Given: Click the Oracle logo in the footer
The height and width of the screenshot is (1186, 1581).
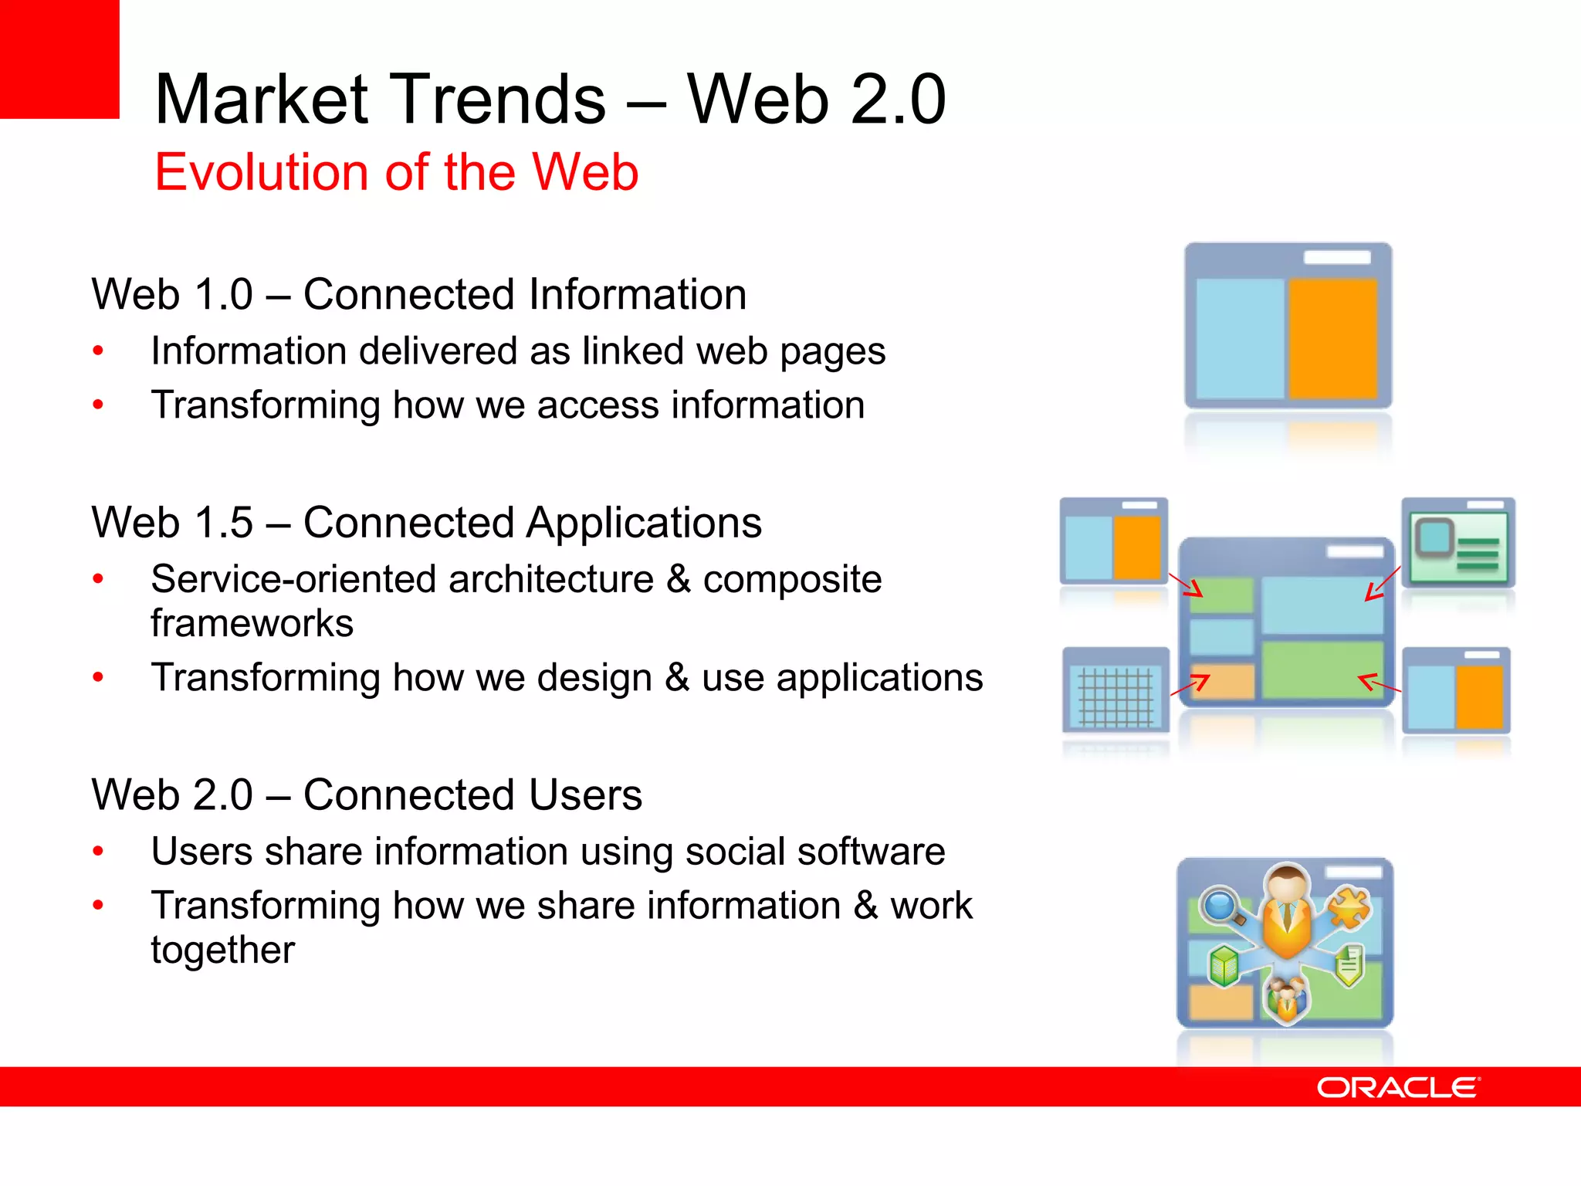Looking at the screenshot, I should coord(1398,1088).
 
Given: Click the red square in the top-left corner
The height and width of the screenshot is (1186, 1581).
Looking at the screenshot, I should coord(59,59).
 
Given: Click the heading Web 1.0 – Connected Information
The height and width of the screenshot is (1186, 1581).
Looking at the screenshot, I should coord(419,294).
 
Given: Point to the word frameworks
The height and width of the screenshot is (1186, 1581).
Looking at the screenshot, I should coord(252,623).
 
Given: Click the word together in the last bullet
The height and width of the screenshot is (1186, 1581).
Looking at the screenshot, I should coord(222,950).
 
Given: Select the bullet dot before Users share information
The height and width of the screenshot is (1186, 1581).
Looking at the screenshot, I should coord(98,852).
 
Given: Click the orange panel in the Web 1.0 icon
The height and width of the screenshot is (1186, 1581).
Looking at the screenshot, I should coord(1333,338).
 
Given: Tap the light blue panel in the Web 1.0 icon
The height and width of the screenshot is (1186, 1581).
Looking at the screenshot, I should coord(1240,338).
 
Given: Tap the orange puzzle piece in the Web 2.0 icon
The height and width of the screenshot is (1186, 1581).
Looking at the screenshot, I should coord(1349,907).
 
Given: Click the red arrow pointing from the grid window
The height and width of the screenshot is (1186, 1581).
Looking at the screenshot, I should coord(1190,685).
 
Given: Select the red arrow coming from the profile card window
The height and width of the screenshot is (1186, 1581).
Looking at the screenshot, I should coord(1382,584).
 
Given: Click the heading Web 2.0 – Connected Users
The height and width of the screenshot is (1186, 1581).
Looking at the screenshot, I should coord(367,795).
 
